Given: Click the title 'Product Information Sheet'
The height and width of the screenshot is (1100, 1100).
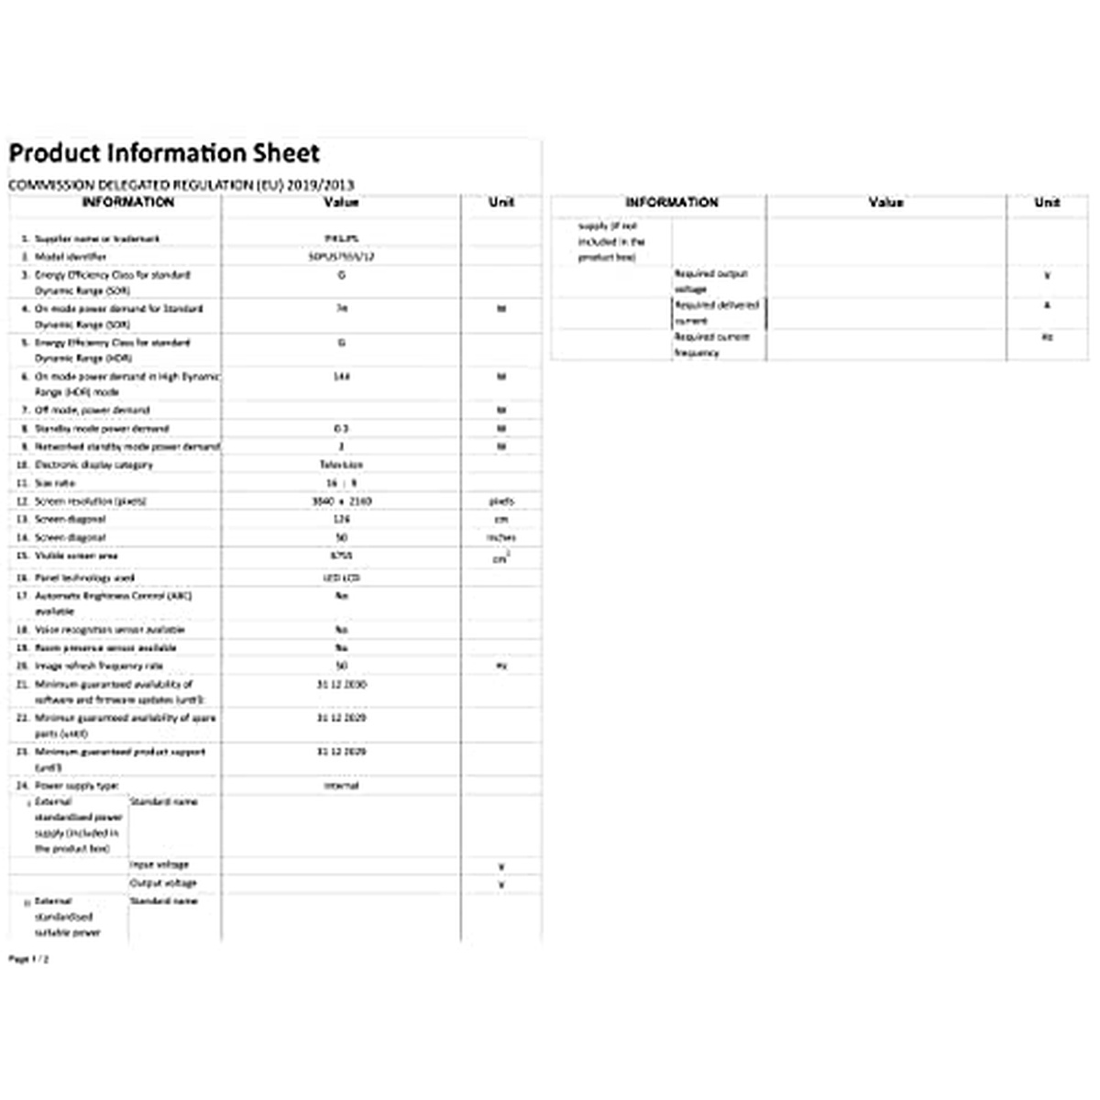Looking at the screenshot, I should click(x=165, y=153).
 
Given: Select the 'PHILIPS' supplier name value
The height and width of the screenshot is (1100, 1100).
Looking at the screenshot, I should click(x=341, y=238).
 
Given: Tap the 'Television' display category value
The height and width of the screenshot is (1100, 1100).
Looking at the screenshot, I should click(x=341, y=465).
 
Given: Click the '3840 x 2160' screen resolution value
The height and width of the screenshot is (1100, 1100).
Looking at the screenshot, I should click(x=341, y=501).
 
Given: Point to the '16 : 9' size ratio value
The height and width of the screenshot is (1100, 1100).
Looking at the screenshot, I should click(x=341, y=483).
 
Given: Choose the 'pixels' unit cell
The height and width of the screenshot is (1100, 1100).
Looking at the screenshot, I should click(x=501, y=501).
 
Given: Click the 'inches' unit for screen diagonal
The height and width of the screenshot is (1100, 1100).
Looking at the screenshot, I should click(x=501, y=537).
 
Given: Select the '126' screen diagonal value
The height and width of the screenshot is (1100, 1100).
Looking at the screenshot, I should click(x=341, y=519).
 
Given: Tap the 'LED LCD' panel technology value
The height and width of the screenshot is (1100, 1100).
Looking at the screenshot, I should click(x=341, y=577).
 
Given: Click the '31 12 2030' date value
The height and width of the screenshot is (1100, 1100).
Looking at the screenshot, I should click(x=341, y=684).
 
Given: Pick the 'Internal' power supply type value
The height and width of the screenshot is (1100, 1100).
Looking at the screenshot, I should click(x=341, y=786).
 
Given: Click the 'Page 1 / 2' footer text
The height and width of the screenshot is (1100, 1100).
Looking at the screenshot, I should click(x=28, y=959).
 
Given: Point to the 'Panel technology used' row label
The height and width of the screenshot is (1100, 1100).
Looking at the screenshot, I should click(x=84, y=577).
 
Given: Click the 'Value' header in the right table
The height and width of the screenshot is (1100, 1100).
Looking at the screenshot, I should click(x=885, y=203).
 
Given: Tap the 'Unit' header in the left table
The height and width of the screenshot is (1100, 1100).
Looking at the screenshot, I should click(x=501, y=203).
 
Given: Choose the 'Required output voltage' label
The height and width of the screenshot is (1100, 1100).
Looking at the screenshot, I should click(x=711, y=280).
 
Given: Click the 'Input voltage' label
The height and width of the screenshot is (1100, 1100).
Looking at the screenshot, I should click(x=159, y=864).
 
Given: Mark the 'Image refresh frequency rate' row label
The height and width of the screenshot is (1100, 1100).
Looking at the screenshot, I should click(x=98, y=665).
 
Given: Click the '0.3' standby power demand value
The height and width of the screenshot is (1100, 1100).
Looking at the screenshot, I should click(x=341, y=428).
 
